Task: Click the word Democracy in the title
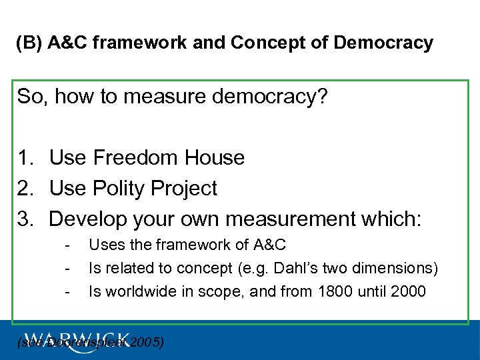(x=383, y=43)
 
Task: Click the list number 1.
(x=25, y=158)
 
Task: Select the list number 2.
(x=25, y=189)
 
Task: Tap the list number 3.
(x=25, y=219)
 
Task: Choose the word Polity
(x=118, y=189)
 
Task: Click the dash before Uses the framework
(x=68, y=245)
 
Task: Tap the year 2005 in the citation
(x=146, y=343)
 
